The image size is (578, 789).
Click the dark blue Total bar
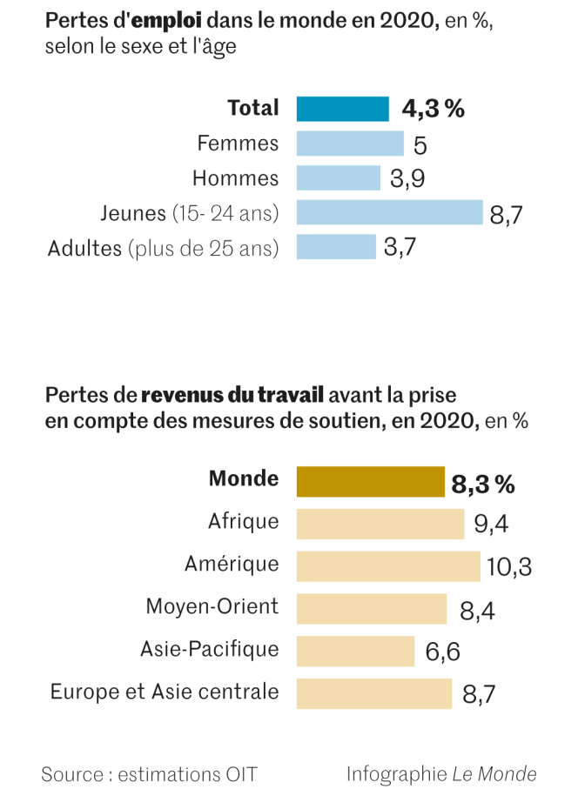pyautogui.click(x=342, y=109)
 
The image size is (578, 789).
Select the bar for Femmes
pyautogui.click(x=350, y=144)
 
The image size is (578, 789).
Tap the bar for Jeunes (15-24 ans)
pyautogui.click(x=389, y=212)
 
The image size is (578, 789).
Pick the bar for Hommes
pyautogui.click(x=339, y=178)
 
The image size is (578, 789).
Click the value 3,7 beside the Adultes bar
pyautogui.click(x=400, y=247)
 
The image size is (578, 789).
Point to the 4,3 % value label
pyautogui.click(x=433, y=109)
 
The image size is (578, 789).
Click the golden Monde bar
pyautogui.click(x=371, y=481)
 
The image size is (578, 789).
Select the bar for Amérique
pyautogui.click(x=388, y=565)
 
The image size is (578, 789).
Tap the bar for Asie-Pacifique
pyautogui.click(x=355, y=651)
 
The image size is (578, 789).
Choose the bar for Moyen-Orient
pyautogui.click(x=372, y=608)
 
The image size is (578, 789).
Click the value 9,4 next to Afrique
pyautogui.click(x=491, y=524)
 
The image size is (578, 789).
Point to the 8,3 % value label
pyautogui.click(x=482, y=484)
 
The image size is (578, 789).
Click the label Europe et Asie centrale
pyautogui.click(x=165, y=692)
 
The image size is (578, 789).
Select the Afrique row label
pyautogui.click(x=244, y=521)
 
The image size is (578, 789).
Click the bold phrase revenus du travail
pyautogui.click(x=232, y=396)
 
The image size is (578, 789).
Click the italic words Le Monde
pyautogui.click(x=494, y=773)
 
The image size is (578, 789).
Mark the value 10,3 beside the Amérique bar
pyautogui.click(x=509, y=567)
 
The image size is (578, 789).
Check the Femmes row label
pyautogui.click(x=238, y=144)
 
